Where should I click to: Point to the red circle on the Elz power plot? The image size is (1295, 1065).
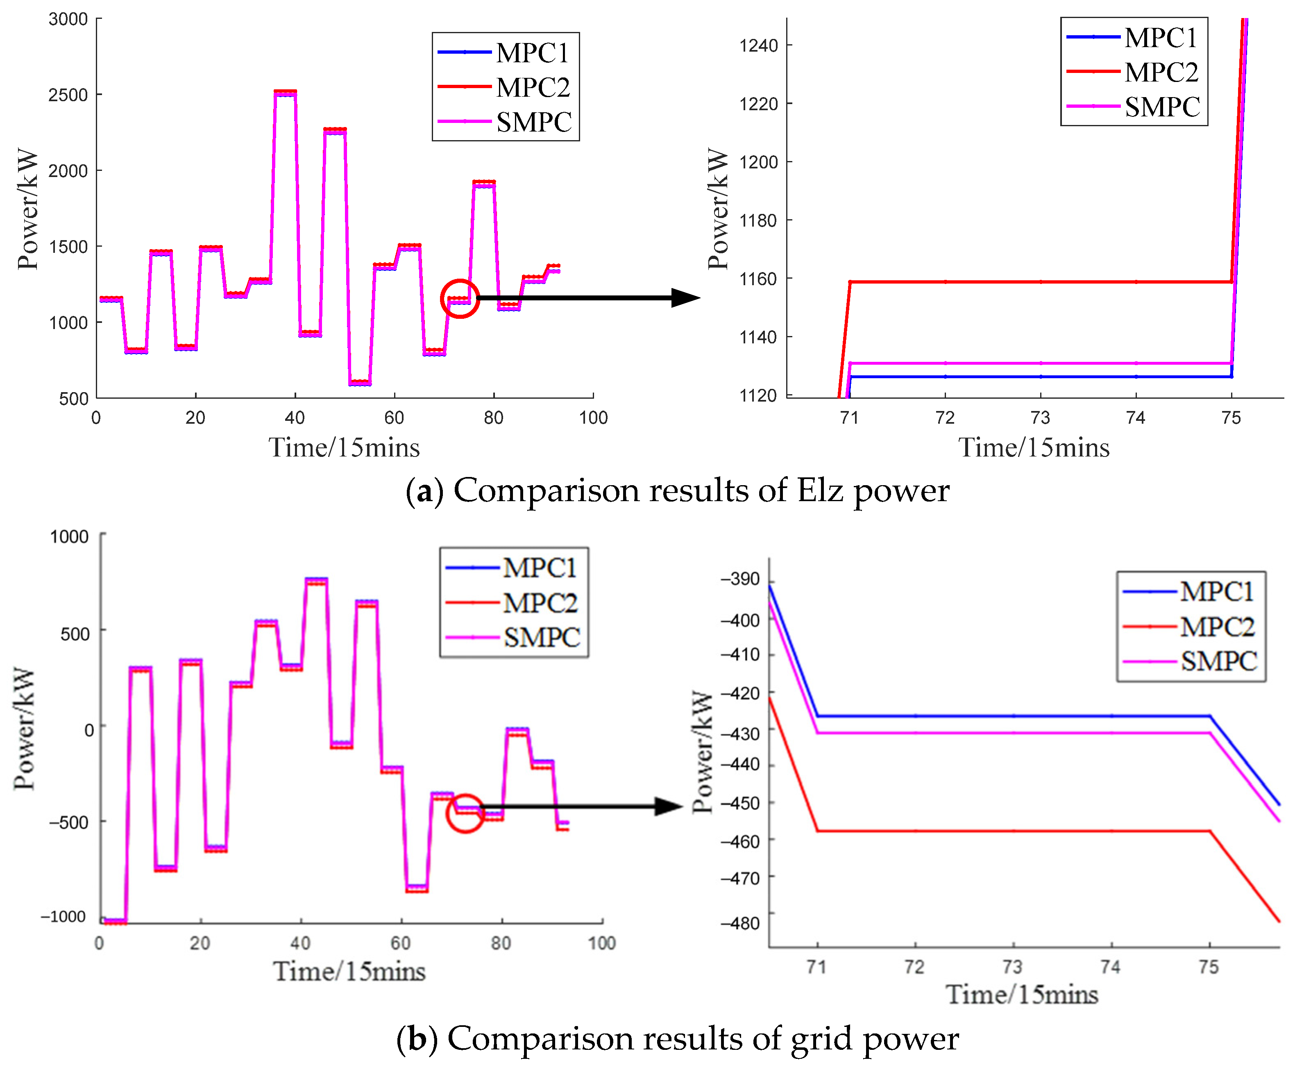(460, 299)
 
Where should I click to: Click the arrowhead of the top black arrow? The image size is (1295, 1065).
(686, 298)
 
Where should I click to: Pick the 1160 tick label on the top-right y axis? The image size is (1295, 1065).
(758, 279)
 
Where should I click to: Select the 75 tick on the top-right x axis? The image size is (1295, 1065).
(1231, 418)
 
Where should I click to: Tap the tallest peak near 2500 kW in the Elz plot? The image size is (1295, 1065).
(285, 92)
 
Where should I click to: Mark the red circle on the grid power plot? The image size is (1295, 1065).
(465, 813)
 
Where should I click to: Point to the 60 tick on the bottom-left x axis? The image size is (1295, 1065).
(401, 943)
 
